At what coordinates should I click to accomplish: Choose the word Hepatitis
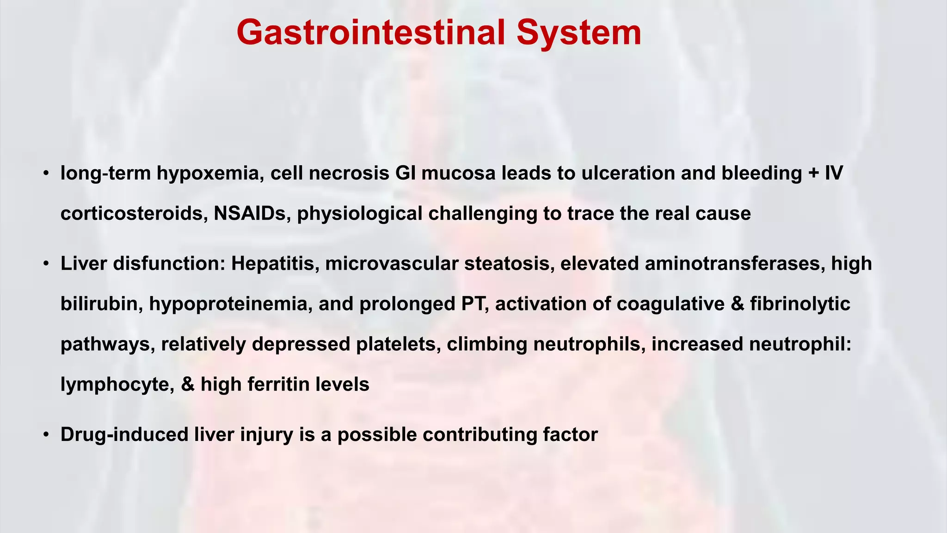coord(275,264)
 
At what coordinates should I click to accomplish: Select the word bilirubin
coord(101,304)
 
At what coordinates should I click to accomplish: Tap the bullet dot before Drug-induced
coord(46,435)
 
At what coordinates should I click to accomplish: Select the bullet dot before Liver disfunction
coord(46,264)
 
